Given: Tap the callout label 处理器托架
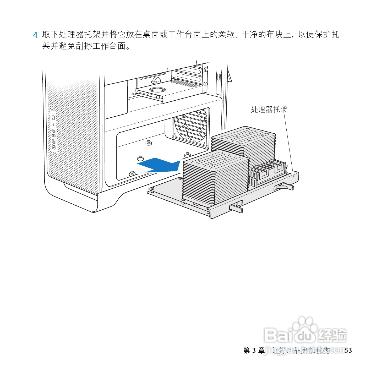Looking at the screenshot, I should tap(269, 110).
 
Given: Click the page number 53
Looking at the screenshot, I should tap(348, 350).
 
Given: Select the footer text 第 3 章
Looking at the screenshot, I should tap(254, 350).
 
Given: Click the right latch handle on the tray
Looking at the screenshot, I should tap(284, 187).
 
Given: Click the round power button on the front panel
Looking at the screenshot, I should tap(53, 117).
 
